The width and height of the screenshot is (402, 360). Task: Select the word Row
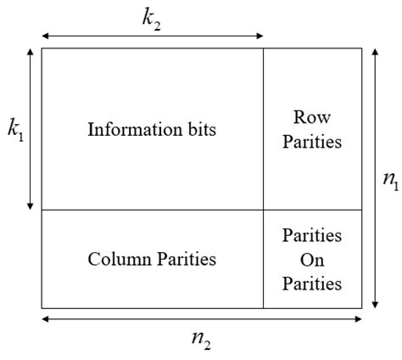pyautogui.click(x=311, y=116)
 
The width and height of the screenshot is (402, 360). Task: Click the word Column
pyautogui.click(x=114, y=259)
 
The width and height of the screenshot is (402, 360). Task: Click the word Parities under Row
pyautogui.click(x=311, y=142)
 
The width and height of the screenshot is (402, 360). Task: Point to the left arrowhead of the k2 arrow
pyautogui.click(x=43, y=36)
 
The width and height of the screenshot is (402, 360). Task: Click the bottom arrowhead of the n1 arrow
pyautogui.click(x=375, y=305)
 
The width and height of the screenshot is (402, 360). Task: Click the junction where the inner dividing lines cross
pyautogui.click(x=263, y=210)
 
